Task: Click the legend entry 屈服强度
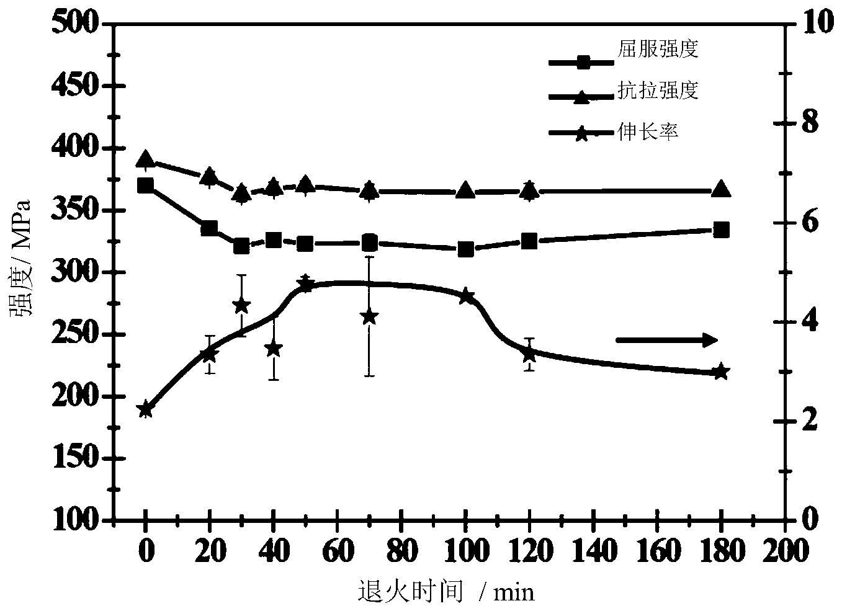pos(658,49)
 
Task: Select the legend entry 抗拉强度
pos(658,91)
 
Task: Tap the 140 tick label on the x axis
pos(594,551)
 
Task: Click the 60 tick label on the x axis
pos(338,551)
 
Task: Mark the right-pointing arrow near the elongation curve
pos(666,340)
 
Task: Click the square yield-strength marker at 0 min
pos(145,185)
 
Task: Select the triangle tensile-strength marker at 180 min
pos(721,190)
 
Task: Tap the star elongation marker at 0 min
pos(145,409)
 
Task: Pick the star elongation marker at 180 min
pos(721,372)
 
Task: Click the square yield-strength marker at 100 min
pos(465,249)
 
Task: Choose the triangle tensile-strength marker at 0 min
pos(145,159)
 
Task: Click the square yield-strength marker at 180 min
pos(721,230)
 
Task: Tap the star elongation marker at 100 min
pos(465,296)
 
